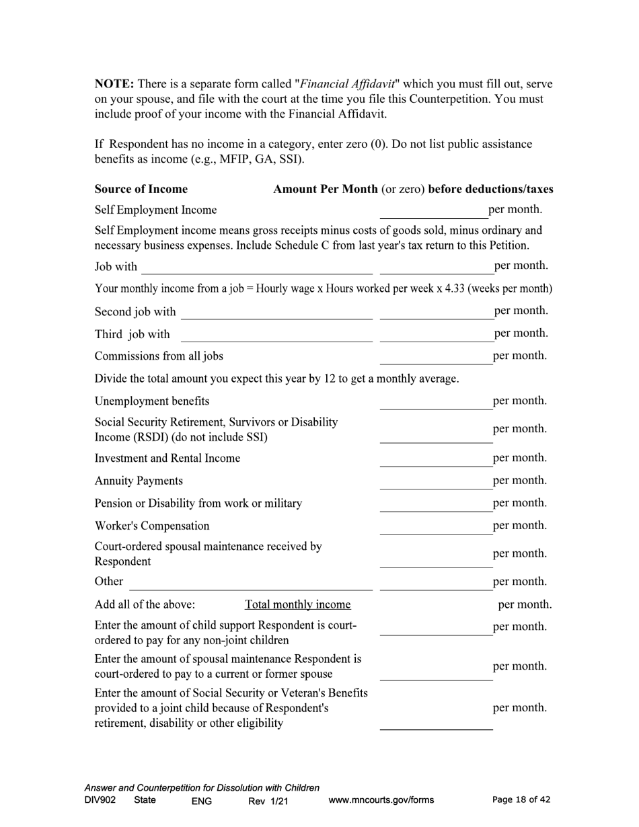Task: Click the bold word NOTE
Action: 114,84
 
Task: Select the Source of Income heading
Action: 141,189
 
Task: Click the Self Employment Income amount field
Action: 433,211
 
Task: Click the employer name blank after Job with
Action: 256,267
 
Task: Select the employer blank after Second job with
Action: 276,312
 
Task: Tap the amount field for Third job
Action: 436,334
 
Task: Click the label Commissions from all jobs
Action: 159,356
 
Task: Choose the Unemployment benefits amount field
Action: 436,401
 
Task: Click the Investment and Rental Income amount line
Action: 436,459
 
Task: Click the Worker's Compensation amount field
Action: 436,526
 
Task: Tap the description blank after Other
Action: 250,582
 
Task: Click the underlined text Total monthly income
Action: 298,604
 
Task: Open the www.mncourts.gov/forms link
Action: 381,800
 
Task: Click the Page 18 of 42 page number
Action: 521,799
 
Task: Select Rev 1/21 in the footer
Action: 268,801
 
